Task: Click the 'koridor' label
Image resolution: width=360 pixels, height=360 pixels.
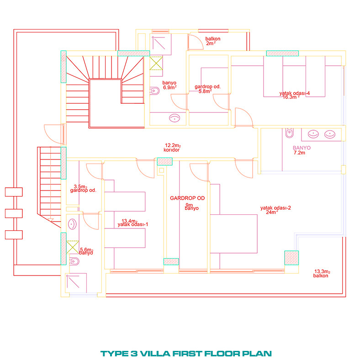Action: (171, 150)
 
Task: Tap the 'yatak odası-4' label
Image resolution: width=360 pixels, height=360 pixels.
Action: (295, 93)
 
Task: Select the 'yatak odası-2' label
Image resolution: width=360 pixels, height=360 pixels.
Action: (275, 208)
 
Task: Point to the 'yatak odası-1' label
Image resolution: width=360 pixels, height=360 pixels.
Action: (132, 224)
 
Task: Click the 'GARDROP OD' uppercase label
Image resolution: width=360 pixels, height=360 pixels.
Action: (187, 198)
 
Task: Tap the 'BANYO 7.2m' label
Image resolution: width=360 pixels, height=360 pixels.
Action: (302, 150)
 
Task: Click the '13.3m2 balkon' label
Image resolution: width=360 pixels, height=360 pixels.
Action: (322, 274)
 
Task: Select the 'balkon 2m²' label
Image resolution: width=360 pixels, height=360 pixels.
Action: (212, 41)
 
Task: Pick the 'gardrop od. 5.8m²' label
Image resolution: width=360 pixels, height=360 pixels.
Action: (207, 89)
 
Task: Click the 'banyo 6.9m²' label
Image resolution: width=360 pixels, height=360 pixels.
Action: (169, 85)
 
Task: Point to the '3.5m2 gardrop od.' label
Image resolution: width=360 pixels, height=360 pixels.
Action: (83, 189)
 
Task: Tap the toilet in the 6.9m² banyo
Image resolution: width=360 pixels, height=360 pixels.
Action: (155, 91)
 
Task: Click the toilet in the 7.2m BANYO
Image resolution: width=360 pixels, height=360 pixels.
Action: (289, 133)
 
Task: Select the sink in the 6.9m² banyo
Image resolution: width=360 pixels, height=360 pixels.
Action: (175, 118)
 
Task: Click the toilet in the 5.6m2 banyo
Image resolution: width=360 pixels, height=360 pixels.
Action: (74, 261)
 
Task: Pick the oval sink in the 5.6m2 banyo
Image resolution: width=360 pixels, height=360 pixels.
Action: (72, 224)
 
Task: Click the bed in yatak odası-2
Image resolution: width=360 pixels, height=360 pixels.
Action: (234, 234)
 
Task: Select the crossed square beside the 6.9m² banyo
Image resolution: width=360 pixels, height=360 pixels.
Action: (156, 63)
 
